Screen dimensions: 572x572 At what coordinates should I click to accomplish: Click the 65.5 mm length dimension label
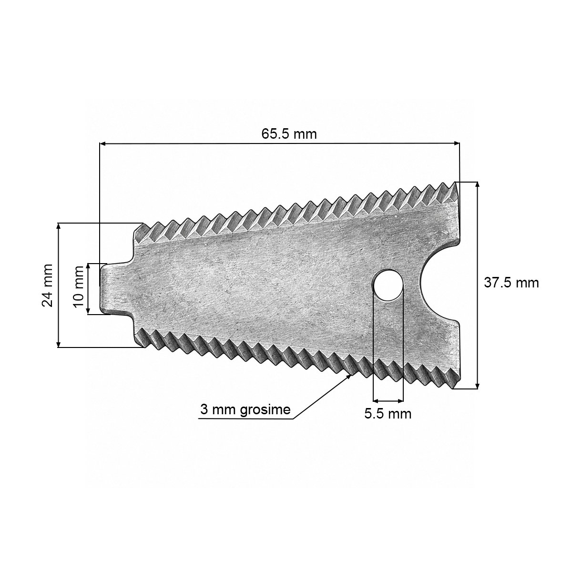[289, 134]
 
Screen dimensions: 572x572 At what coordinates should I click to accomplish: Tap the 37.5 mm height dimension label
[511, 283]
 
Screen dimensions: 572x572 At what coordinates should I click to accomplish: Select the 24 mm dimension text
[47, 285]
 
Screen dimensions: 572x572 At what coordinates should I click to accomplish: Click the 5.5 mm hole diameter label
[388, 414]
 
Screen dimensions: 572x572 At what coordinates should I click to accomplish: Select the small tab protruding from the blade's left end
[116, 288]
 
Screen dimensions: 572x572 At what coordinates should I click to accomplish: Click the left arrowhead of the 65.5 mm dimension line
[102, 144]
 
